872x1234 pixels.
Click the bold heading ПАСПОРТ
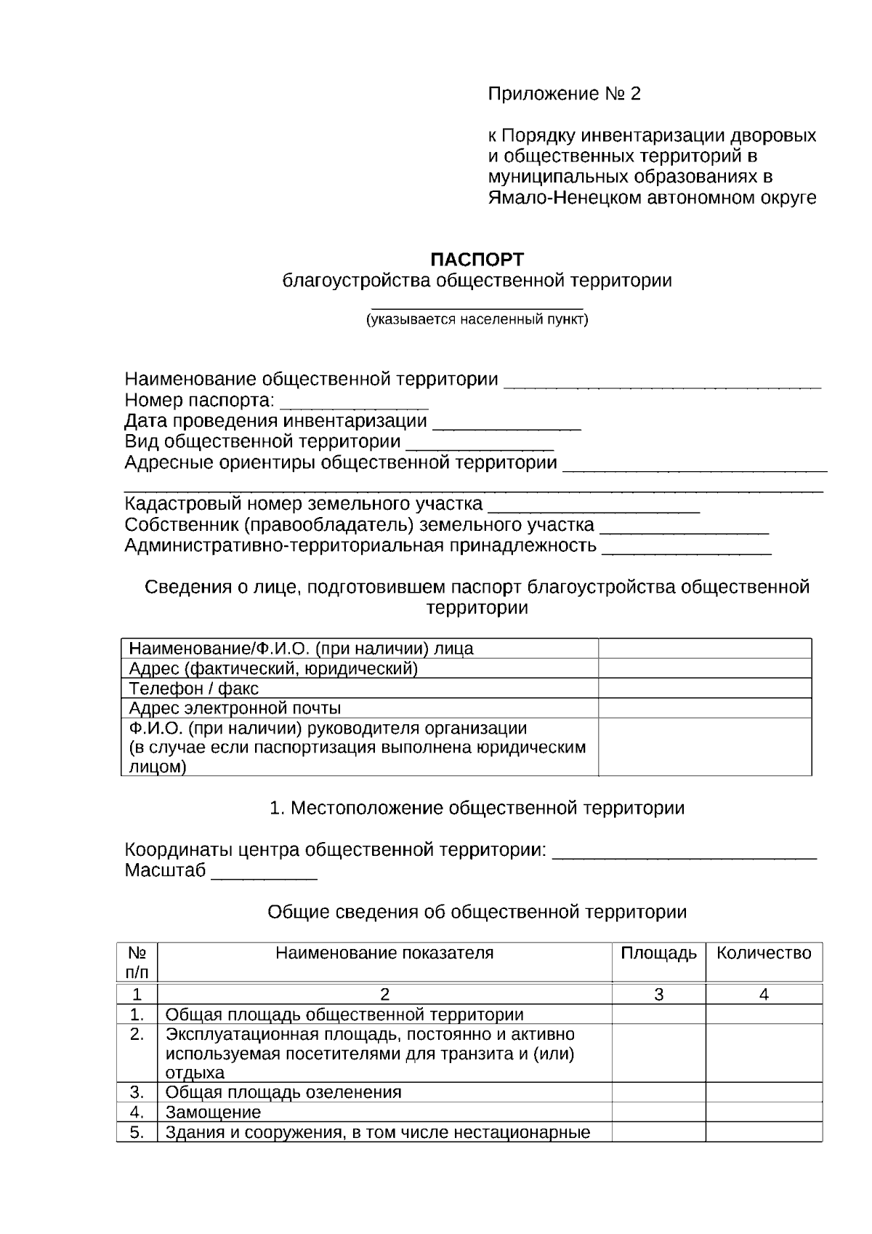click(477, 260)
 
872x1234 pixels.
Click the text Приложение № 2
click(564, 94)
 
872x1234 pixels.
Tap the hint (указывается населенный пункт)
click(477, 319)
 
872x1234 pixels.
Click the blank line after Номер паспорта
click(354, 402)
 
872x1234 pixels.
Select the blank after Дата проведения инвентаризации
click(506, 422)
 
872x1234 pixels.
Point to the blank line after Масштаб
click(264, 872)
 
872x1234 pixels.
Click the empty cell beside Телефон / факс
click(704, 688)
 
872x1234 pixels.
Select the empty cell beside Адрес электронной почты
click(704, 708)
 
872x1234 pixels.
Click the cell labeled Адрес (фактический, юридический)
click(273, 668)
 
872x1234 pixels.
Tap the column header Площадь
click(658, 953)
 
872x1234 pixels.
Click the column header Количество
click(764, 953)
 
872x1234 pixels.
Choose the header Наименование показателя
click(384, 953)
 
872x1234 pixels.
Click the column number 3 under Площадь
click(658, 995)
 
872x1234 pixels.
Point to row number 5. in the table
click(137, 1132)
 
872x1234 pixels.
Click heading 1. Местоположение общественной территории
click(477, 808)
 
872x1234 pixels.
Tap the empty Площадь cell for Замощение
click(658, 1112)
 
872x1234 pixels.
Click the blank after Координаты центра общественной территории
click(684, 852)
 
